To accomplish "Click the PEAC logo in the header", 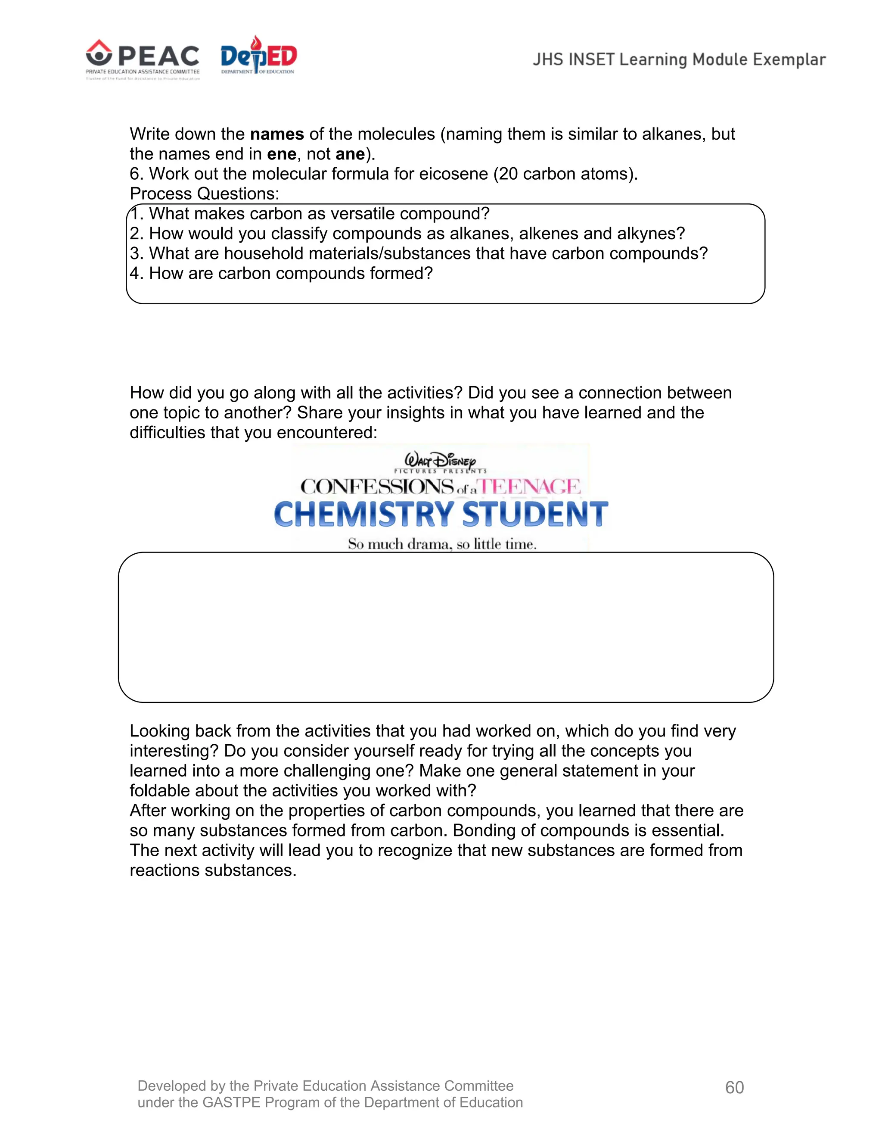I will [x=143, y=59].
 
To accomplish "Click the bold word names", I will [x=277, y=134].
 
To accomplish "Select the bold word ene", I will [x=282, y=154].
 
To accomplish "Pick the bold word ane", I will [x=350, y=154].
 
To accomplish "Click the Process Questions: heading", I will [x=204, y=194].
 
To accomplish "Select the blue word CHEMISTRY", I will [x=364, y=515].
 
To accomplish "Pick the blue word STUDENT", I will [x=535, y=515].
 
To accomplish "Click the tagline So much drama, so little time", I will [x=442, y=544].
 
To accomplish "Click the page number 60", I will [x=734, y=1087].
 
